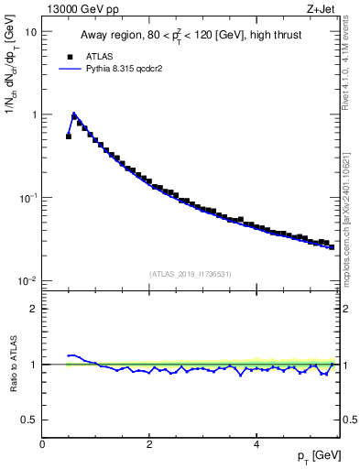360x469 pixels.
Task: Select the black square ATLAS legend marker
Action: [x=68, y=55]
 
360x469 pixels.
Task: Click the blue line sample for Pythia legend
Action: [x=68, y=69]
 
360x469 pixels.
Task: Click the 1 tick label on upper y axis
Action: [x=34, y=115]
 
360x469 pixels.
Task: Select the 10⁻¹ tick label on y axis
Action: [x=28, y=197]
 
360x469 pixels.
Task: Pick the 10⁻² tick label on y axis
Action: [x=28, y=280]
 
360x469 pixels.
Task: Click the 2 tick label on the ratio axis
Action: [x=34, y=309]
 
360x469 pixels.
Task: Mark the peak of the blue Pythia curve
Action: [x=74, y=115]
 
